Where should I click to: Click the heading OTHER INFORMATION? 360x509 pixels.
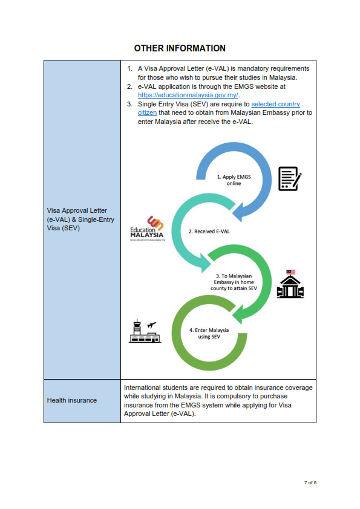(180, 48)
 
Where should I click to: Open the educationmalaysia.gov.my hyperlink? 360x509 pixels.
(188, 95)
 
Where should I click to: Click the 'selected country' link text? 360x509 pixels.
(275, 104)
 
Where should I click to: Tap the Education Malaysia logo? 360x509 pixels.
(147, 229)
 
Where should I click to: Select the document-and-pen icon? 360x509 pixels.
(290, 178)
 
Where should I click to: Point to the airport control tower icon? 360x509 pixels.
(145, 331)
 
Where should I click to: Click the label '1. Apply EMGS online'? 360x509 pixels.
(234, 180)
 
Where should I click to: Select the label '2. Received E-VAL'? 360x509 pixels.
(209, 232)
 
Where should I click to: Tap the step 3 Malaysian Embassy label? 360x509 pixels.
(234, 282)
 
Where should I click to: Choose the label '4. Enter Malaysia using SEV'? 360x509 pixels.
(209, 333)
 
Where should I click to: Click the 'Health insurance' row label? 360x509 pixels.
(72, 400)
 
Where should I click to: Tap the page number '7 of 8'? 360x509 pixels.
(310, 483)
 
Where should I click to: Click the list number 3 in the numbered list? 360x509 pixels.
(129, 104)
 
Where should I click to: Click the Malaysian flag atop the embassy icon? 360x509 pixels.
(291, 272)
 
